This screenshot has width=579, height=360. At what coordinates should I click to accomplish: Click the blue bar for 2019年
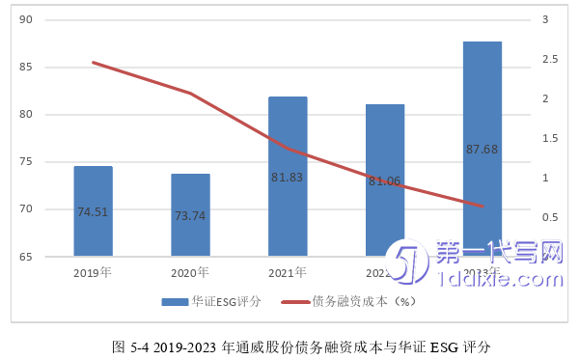[93, 211]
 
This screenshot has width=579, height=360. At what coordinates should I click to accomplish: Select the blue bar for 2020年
[190, 215]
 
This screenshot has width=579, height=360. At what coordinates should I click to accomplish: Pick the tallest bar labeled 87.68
[482, 149]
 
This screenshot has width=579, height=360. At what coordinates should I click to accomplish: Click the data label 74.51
[93, 212]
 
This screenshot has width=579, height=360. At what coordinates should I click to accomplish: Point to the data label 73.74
[190, 216]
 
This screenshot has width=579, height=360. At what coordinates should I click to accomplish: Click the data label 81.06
[385, 180]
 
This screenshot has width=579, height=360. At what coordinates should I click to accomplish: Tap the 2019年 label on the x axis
[93, 272]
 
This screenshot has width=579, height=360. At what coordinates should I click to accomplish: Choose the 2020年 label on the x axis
[190, 272]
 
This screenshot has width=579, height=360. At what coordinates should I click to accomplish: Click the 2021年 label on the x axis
[288, 272]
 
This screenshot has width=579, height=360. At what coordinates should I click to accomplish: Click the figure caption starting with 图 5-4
[289, 345]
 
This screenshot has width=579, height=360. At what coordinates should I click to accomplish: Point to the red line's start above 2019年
[93, 62]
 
